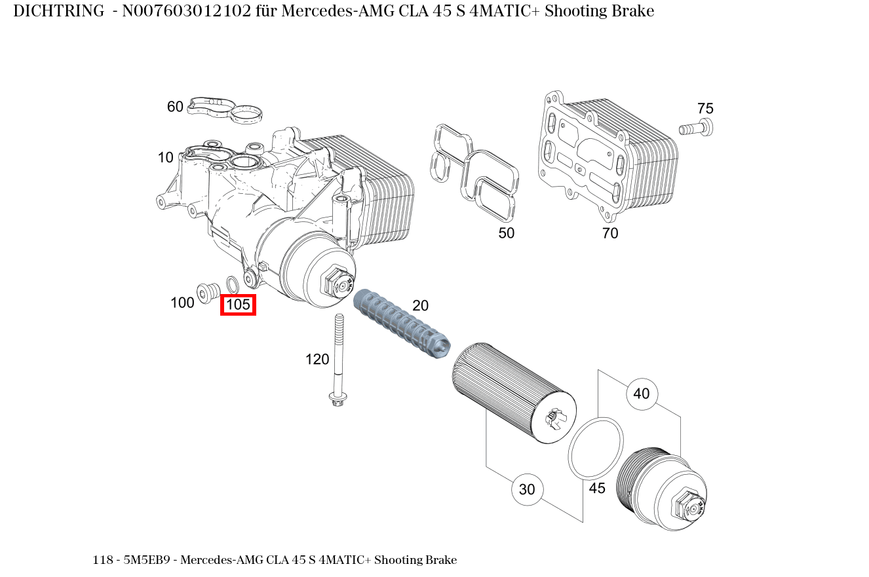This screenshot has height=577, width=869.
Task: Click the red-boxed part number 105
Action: [238, 305]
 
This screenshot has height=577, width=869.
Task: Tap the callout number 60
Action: [175, 107]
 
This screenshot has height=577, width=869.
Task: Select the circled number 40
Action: [642, 394]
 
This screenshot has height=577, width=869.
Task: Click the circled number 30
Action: [527, 489]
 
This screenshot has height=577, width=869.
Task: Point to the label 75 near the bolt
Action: [705, 109]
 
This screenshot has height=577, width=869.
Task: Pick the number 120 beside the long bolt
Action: [317, 359]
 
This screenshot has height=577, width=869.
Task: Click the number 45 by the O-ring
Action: [597, 488]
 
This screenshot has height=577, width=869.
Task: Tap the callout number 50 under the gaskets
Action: [507, 233]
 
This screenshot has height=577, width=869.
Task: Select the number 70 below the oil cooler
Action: [610, 233]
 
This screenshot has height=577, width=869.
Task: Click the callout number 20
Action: [420, 305]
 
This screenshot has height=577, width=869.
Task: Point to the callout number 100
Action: [182, 303]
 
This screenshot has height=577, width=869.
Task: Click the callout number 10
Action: [166, 158]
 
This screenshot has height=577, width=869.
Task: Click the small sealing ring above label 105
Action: [232, 284]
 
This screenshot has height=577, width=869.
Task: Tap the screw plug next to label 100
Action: [207, 291]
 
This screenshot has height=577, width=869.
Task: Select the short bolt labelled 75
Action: [696, 128]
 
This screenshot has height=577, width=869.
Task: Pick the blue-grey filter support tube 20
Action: [400, 324]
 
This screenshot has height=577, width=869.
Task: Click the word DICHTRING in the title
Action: [58, 11]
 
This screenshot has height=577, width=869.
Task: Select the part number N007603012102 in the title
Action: [187, 11]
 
